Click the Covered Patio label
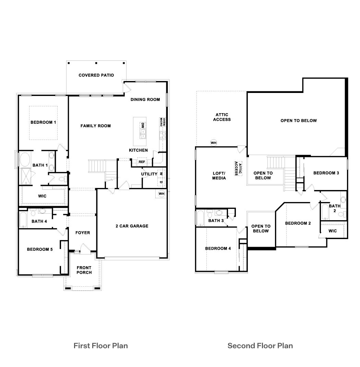[x=96, y=75]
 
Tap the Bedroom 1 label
[x=43, y=122]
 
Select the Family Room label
[x=96, y=126]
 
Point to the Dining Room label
[x=145, y=99]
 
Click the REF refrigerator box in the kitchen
[x=142, y=162]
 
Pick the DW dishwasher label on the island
[x=142, y=126]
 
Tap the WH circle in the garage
[x=161, y=194]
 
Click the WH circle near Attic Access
[x=214, y=143]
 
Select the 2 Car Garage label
[x=132, y=226]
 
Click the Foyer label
[x=83, y=233]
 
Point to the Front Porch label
[x=84, y=270]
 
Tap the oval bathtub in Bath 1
[x=25, y=159]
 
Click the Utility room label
[x=149, y=174]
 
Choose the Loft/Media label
[x=219, y=176]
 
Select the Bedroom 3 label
[x=326, y=173]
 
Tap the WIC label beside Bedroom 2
[x=332, y=231]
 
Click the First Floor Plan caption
[x=100, y=345]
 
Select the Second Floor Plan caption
[x=260, y=345]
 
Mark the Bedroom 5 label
[x=40, y=249]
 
